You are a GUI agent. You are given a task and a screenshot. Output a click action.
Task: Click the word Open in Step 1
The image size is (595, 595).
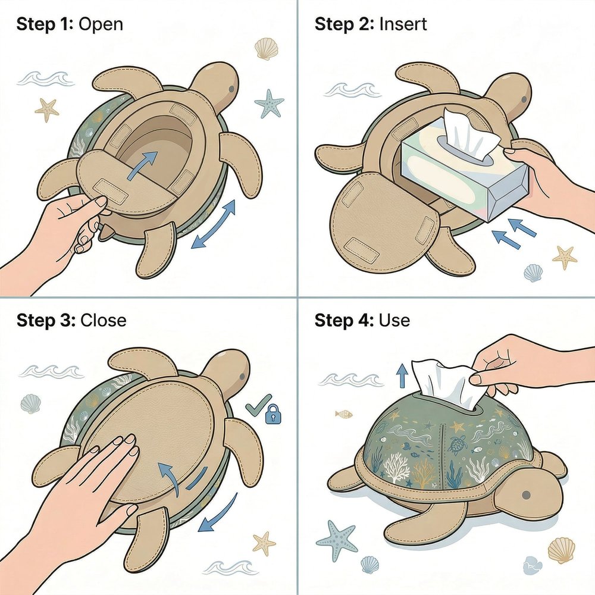[x=101, y=24]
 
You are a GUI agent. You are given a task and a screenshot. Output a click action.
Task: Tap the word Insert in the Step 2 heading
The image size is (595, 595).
[x=403, y=24]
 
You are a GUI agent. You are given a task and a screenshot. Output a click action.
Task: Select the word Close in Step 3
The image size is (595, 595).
[x=103, y=321]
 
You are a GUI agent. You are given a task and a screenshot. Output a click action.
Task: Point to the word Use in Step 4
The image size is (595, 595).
[x=394, y=321]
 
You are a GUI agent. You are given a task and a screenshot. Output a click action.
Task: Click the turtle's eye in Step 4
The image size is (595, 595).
[x=526, y=495]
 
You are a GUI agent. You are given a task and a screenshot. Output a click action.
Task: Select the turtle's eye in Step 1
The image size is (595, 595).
[x=231, y=89]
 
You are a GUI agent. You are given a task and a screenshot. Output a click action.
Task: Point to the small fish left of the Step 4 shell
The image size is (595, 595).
[x=343, y=414]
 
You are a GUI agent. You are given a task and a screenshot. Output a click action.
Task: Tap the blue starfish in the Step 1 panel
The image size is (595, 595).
[x=269, y=103]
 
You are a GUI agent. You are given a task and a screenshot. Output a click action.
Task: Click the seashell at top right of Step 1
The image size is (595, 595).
[x=266, y=49]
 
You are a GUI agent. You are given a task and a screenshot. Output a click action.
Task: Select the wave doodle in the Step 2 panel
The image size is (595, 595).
[x=352, y=90]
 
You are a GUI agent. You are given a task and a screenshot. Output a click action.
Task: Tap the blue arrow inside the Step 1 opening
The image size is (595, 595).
[x=143, y=165]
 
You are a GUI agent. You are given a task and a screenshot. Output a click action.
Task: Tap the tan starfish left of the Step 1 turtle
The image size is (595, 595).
[x=47, y=109]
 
